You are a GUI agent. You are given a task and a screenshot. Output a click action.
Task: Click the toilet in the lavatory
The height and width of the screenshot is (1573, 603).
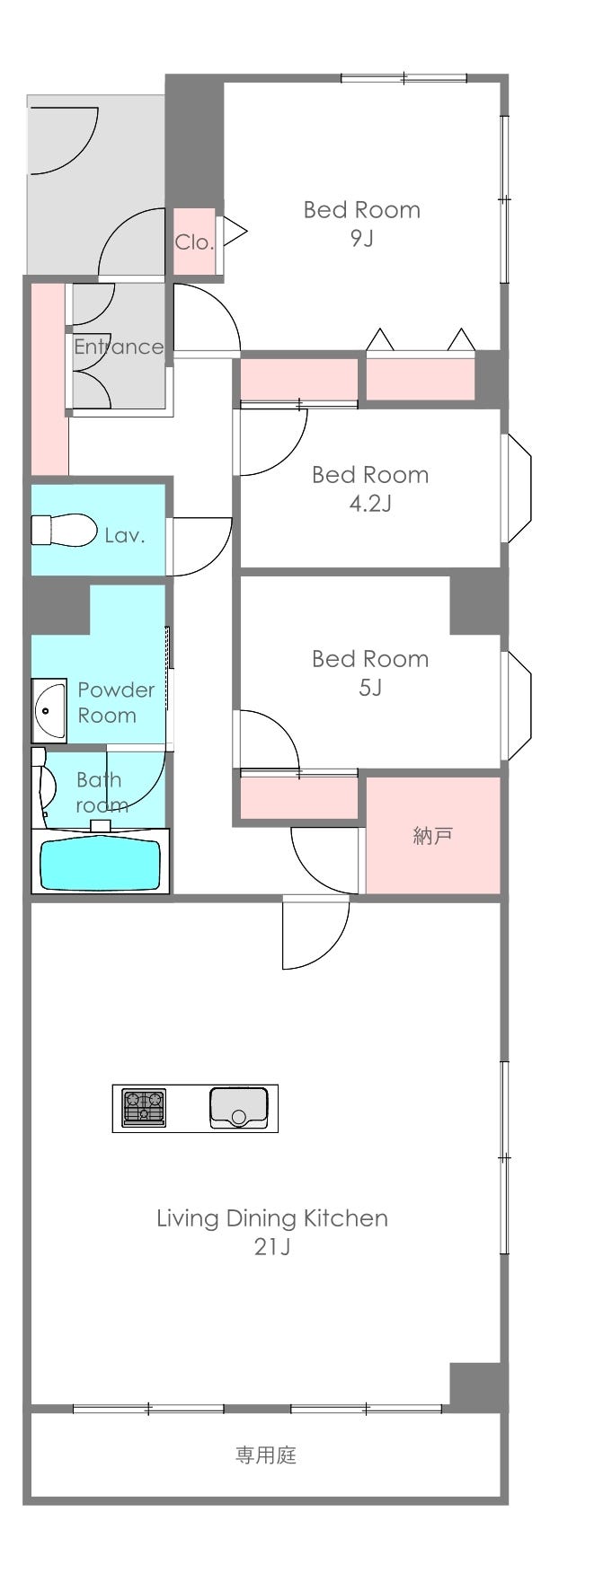64,530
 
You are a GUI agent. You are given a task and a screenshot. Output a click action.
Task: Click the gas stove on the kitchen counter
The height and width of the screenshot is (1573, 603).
144,1107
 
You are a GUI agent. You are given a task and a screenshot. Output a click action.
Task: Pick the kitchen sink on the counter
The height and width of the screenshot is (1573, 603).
238,1107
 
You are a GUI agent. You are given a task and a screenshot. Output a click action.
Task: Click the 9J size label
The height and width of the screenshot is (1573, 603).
361,239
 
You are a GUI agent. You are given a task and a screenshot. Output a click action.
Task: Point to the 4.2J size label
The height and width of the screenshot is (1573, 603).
370,503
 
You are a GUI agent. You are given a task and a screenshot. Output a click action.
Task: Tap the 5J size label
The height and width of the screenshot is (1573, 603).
370,688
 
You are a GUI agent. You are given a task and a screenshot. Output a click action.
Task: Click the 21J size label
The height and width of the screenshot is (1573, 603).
271,1247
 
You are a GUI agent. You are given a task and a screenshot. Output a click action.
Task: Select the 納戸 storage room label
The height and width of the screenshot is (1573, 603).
432,836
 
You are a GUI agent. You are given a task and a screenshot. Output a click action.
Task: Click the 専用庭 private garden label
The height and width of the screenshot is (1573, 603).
266,1454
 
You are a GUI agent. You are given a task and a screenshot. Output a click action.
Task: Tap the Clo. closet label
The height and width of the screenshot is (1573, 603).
194,242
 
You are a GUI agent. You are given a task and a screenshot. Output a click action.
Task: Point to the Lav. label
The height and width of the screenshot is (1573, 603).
125,536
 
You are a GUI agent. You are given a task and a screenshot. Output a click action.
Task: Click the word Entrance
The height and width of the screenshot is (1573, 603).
119,347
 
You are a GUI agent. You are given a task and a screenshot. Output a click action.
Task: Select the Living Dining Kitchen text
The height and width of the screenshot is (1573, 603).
272,1218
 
